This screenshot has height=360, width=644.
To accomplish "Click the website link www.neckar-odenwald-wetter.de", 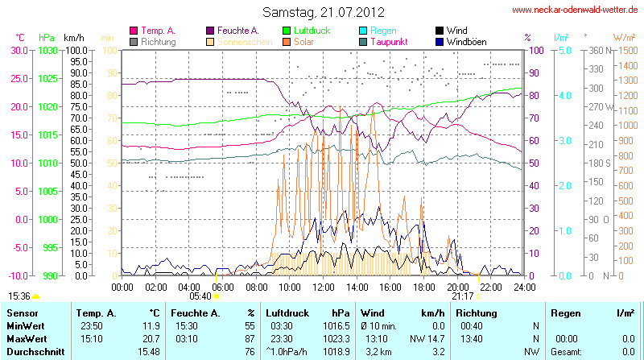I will [x=576, y=10].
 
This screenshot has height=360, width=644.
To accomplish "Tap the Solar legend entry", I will [x=303, y=41].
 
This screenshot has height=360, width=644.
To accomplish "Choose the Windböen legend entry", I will [x=465, y=41].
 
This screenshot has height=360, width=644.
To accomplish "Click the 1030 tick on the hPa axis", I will [x=47, y=50].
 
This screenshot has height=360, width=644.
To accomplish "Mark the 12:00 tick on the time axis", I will [x=323, y=287].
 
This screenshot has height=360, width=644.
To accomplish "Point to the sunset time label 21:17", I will [x=463, y=296].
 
